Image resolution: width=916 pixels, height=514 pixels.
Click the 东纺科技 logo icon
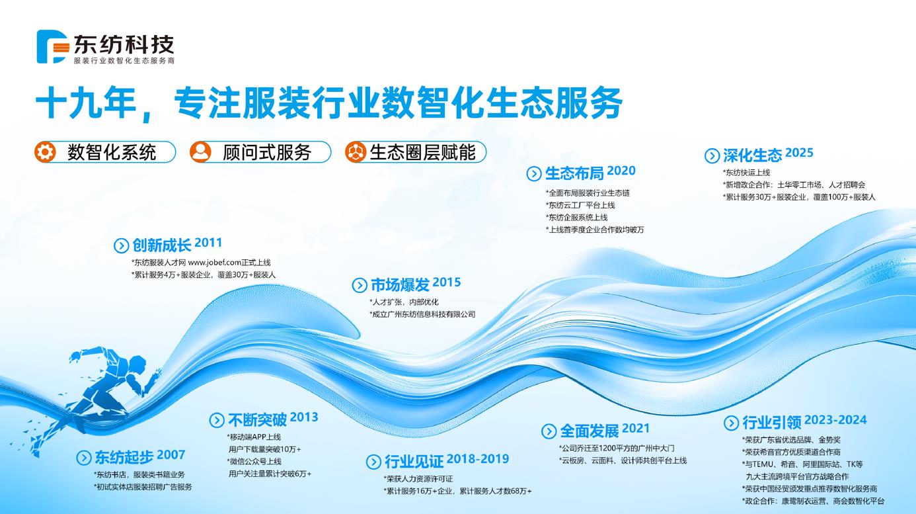52,46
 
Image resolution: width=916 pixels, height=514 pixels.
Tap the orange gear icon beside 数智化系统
46,152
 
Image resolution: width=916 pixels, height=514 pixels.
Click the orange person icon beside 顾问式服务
200,152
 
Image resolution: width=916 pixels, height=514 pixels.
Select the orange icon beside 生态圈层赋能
356,152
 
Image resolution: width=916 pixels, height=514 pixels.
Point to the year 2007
171,455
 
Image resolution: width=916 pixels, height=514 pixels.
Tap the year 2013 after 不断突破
304,417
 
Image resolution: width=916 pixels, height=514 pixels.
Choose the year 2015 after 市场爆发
447,282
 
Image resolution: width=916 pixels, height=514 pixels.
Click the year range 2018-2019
477,459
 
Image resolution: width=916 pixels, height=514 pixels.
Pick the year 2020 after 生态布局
621,171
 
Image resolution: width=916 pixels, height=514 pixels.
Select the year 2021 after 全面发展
636,429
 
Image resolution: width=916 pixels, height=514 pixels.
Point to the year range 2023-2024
836,420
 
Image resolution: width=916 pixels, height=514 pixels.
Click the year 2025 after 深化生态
800,153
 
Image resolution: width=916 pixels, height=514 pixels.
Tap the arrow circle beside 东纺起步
84,457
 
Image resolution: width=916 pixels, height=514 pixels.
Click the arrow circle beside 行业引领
731,423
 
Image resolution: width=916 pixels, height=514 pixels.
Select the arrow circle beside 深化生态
712,156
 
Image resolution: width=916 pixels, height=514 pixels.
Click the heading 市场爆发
400,285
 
